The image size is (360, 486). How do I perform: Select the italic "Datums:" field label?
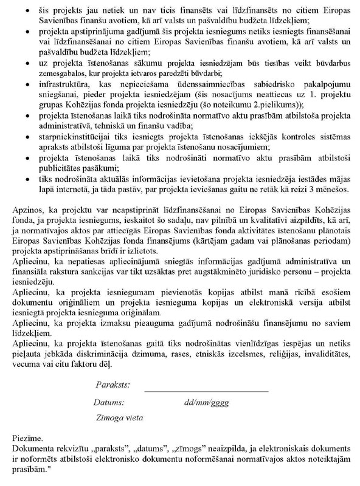(x=109, y=402)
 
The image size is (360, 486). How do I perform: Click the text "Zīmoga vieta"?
(x=120, y=417)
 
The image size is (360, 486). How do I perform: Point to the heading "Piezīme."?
(x=27, y=437)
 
